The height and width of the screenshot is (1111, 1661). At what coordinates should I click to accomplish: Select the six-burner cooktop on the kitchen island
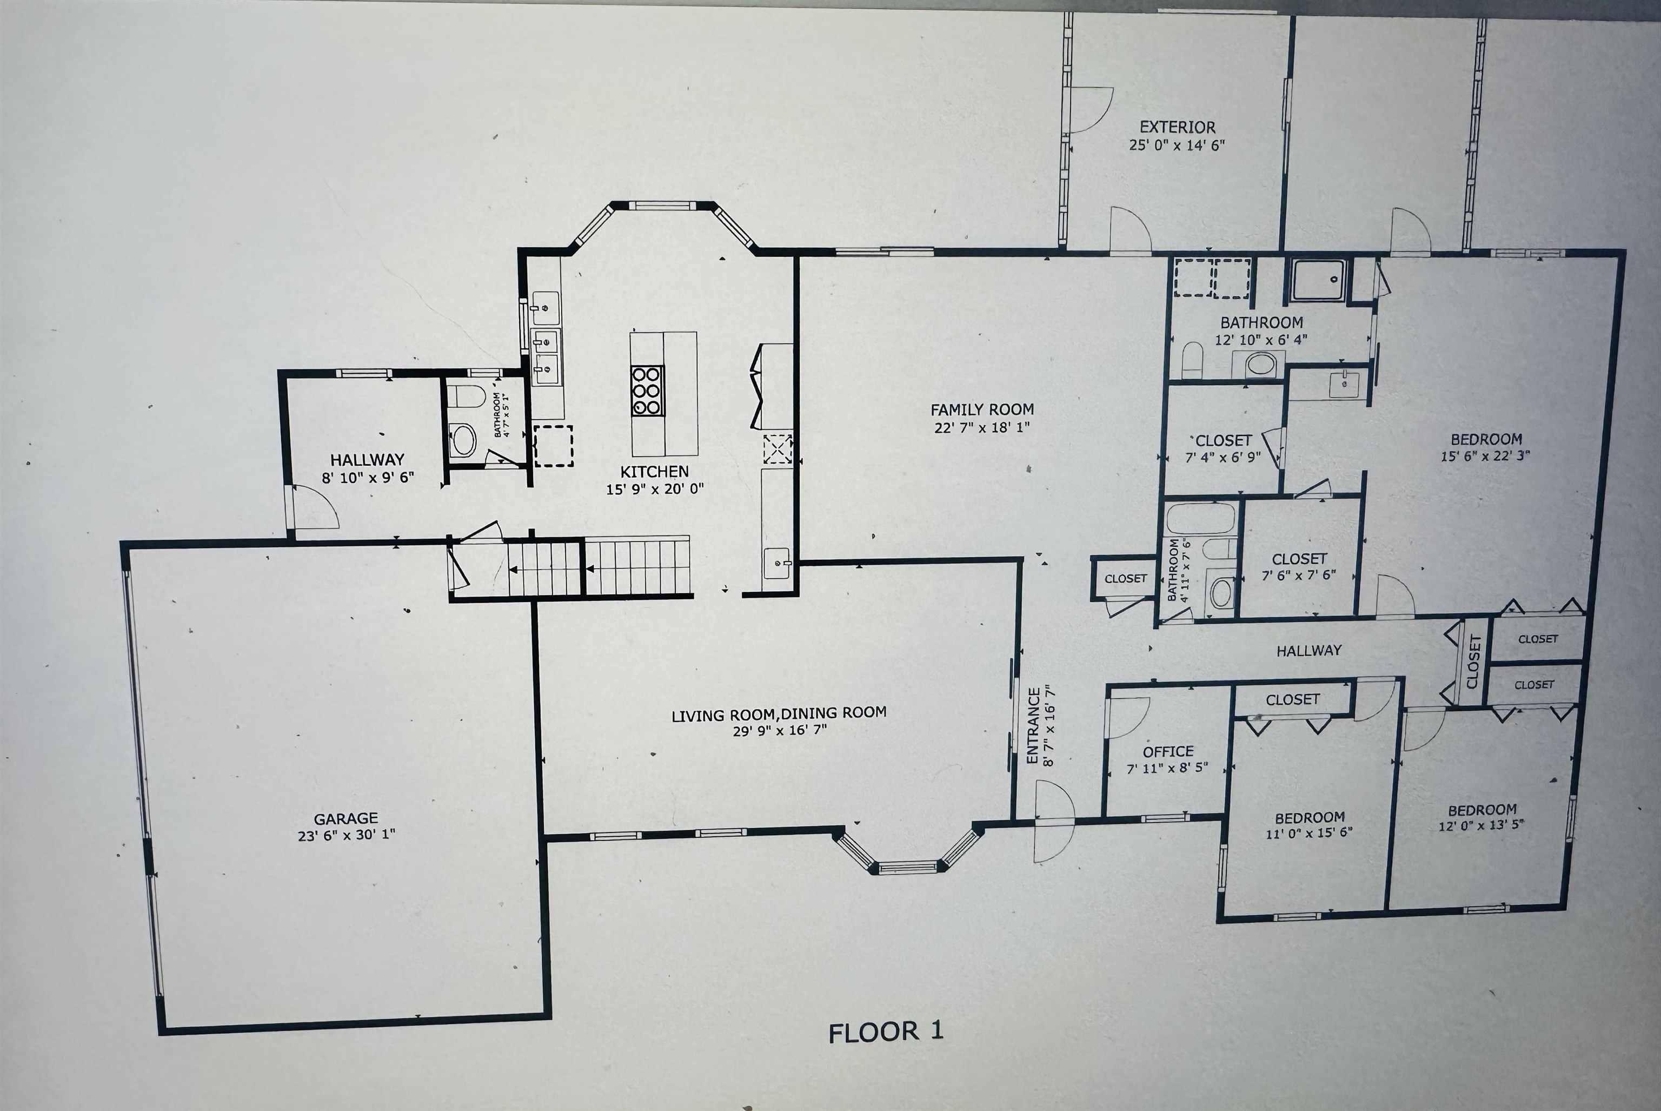[x=646, y=389]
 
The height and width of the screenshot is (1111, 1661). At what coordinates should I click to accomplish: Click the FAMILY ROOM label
[x=982, y=409]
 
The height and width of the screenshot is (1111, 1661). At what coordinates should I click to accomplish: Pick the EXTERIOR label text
[x=1177, y=128]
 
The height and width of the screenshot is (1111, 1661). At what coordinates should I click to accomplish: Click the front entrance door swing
[x=1053, y=822]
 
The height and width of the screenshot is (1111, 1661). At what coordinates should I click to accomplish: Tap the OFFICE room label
[x=1168, y=751]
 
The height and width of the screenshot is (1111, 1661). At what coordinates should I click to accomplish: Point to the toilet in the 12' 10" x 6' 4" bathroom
[x=1193, y=360]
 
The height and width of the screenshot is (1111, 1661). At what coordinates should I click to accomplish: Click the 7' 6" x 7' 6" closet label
[x=1299, y=560]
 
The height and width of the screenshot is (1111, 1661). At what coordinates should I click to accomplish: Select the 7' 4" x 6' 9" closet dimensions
[x=1223, y=458]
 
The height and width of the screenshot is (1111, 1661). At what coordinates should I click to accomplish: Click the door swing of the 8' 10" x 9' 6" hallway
[x=314, y=507]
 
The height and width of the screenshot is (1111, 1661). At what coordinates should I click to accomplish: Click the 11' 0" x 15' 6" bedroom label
[x=1309, y=817]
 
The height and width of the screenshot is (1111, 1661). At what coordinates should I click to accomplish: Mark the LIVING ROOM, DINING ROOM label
[x=779, y=713]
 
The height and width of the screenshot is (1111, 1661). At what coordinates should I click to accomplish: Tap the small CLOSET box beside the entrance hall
[x=1125, y=579]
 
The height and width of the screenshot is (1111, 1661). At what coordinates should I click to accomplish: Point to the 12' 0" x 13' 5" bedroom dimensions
[x=1481, y=825]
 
